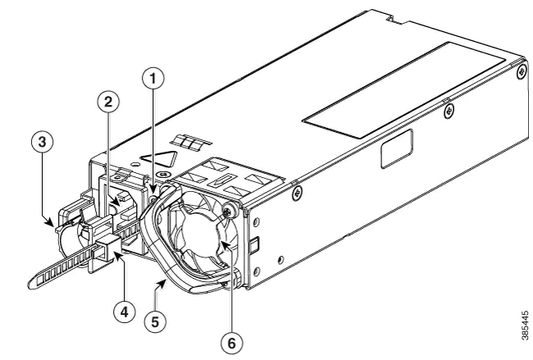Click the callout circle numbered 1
point(153,79)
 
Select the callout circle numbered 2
point(108,102)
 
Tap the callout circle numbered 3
point(42,142)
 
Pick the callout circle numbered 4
point(125,312)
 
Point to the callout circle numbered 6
point(231,344)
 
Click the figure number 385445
point(526,326)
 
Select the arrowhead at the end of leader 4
point(118,254)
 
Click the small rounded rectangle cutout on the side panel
point(397,149)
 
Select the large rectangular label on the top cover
point(403,90)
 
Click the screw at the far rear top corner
point(522,72)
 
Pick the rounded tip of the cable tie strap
point(32,282)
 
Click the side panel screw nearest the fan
point(296,194)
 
